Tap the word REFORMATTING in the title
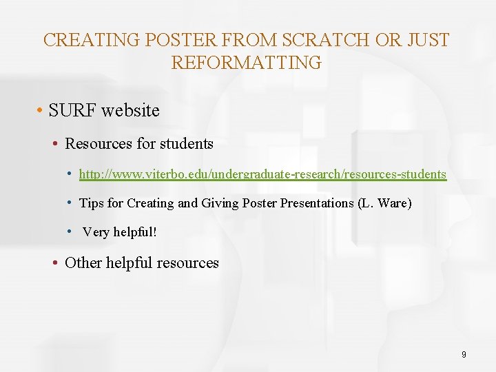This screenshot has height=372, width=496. (x=246, y=63)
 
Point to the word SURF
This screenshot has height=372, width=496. (x=71, y=110)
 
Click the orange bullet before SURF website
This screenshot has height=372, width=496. (x=41, y=110)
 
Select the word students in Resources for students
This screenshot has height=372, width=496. (x=186, y=144)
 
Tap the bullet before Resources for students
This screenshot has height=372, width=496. (x=55, y=144)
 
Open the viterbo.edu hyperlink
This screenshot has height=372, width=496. (x=262, y=174)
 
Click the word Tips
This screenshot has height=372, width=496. (x=92, y=203)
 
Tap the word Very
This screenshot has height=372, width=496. (x=96, y=232)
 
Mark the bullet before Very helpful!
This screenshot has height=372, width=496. (x=71, y=231)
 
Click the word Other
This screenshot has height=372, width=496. (x=83, y=263)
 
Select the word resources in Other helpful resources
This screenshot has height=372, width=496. (x=188, y=263)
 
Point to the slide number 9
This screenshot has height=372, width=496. (x=464, y=354)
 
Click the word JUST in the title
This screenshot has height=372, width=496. (x=427, y=40)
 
